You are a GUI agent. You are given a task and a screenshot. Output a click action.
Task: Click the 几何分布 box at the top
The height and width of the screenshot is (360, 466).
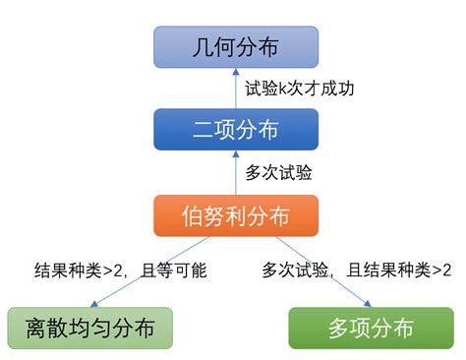coord(236,46)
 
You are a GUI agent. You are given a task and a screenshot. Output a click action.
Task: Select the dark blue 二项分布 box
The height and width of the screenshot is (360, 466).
coord(236,129)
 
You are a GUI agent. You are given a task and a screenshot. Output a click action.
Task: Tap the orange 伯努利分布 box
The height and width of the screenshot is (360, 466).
coord(236,214)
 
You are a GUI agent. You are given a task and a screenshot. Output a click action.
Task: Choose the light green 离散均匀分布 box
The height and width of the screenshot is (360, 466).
coord(89,328)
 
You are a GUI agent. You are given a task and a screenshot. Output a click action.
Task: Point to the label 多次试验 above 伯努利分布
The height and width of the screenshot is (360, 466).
coord(278,172)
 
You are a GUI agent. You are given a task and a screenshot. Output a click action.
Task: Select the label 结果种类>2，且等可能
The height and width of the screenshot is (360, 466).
coord(120,270)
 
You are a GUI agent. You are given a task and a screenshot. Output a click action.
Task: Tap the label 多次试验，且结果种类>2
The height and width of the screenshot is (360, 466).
coord(357,270)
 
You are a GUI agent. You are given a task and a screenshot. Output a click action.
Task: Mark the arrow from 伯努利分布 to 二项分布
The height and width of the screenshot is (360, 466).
coord(236,172)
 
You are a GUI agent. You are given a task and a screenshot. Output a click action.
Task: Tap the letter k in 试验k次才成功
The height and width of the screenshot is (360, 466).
coord(283,88)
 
